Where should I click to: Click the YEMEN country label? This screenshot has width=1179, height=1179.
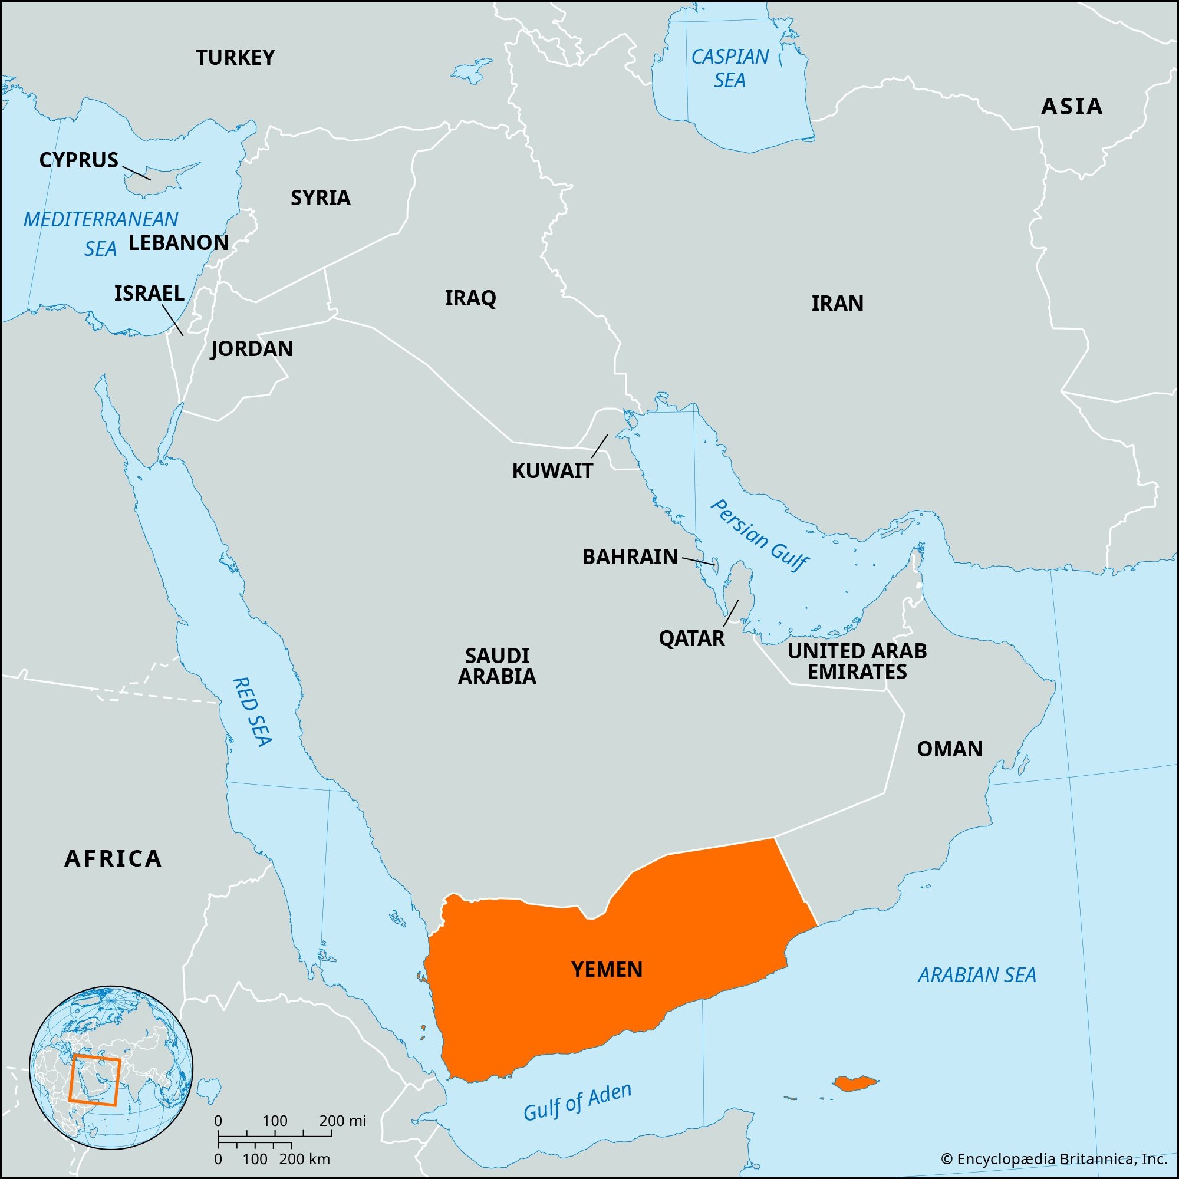tap(607, 969)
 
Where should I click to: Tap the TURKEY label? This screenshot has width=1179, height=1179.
tap(235, 57)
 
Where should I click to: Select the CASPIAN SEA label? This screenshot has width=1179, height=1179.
tap(730, 68)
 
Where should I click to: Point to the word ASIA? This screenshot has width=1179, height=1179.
tap(1072, 107)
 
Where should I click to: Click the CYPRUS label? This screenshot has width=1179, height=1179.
tap(79, 160)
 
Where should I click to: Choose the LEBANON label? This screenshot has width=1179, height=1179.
tap(178, 242)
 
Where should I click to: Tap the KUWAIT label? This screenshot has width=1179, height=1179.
tap(552, 470)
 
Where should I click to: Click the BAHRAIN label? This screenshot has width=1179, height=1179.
tap(630, 556)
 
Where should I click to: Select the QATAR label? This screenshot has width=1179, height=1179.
tap(691, 638)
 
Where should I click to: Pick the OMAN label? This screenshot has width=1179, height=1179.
tap(950, 749)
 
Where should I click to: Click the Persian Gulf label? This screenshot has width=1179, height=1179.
tap(760, 535)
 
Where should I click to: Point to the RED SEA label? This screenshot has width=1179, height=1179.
tap(252, 711)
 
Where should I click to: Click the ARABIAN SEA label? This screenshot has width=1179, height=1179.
tap(977, 974)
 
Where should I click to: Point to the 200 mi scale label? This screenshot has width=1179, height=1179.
tap(342, 1121)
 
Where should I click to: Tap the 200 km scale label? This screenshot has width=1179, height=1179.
tap(305, 1158)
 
